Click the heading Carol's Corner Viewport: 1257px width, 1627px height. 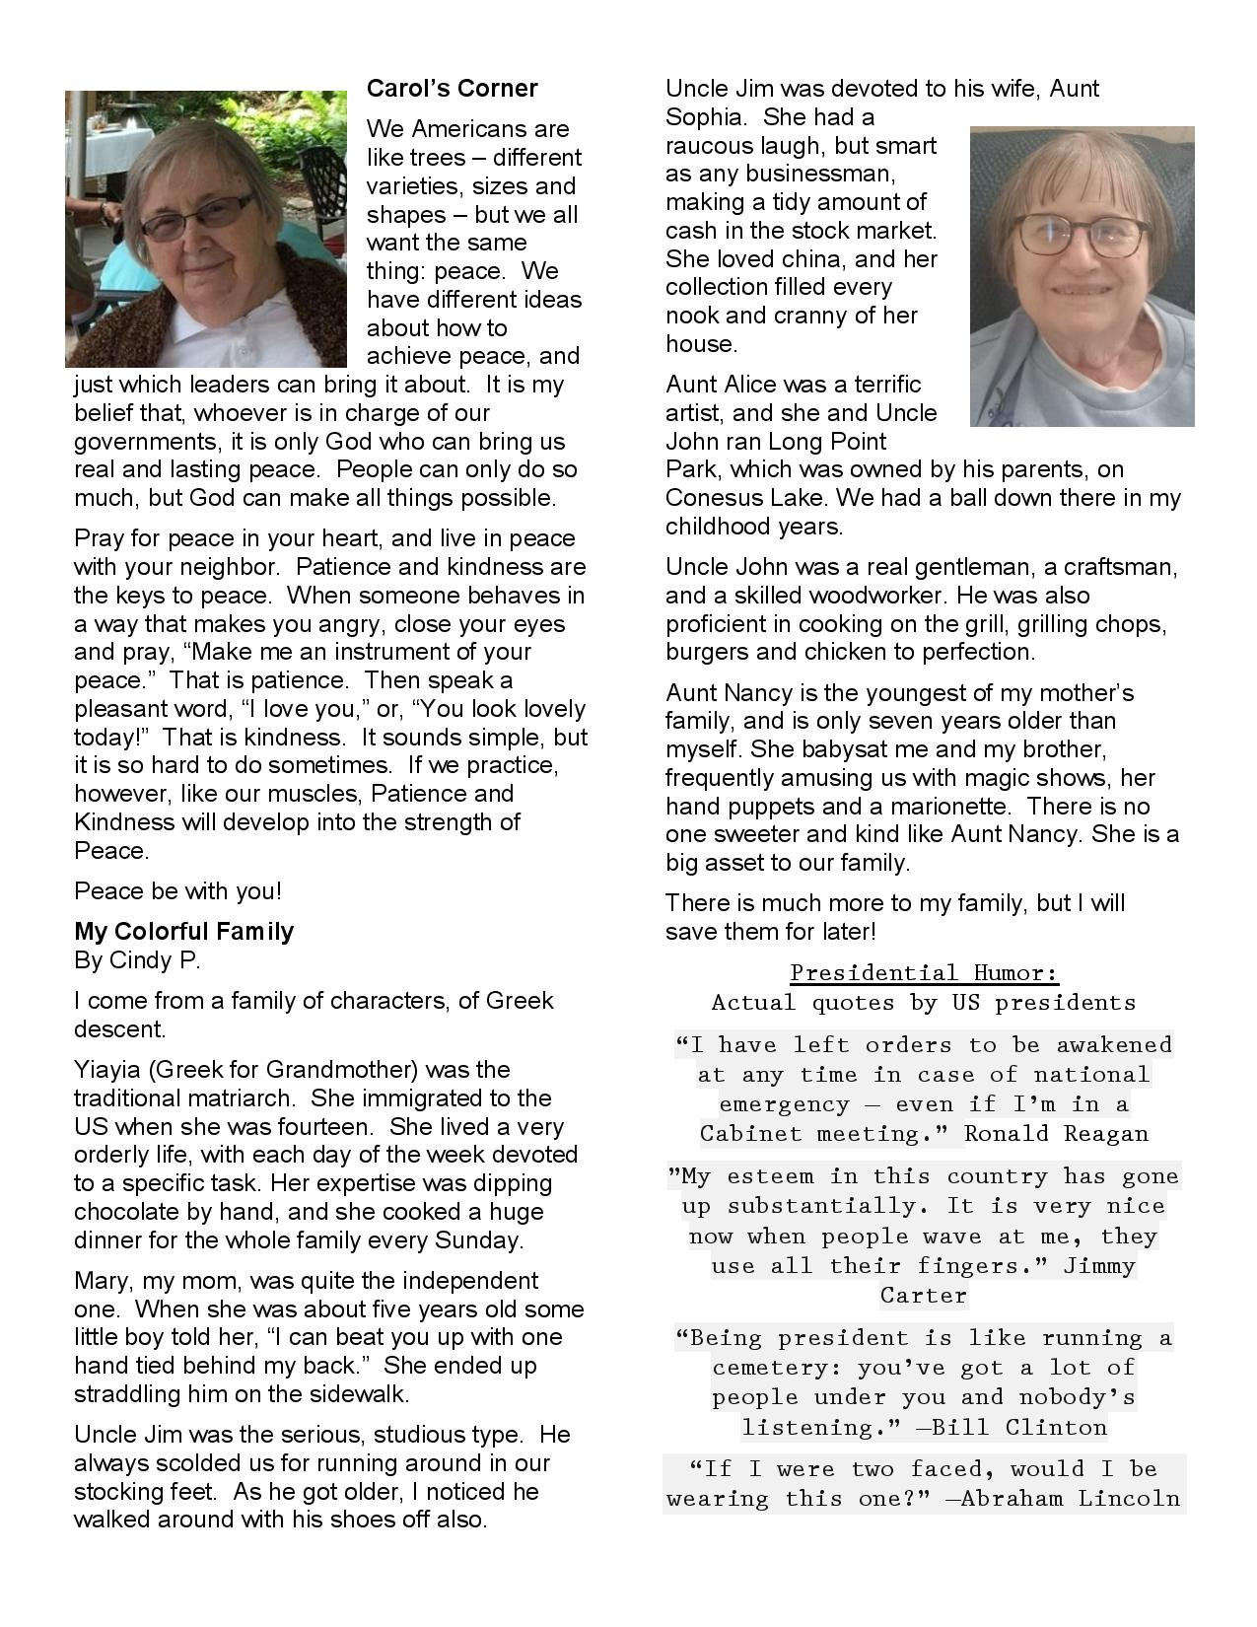pyautogui.click(x=452, y=89)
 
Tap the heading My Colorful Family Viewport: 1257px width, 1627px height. pyautogui.click(x=183, y=932)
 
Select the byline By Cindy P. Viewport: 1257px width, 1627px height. pyautogui.click(x=137, y=959)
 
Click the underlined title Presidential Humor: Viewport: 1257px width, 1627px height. pyautogui.click(x=924, y=973)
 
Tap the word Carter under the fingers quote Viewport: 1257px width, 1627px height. pyautogui.click(x=924, y=1296)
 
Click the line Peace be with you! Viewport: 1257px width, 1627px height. pyautogui.click(x=177, y=891)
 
